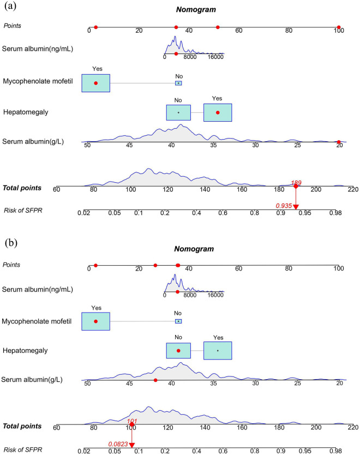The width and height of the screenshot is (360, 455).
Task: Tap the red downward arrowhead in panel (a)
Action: (296, 206)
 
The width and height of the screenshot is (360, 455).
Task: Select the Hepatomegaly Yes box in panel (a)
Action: (218, 112)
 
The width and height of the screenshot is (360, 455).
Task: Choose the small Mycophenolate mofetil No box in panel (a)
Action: (178, 83)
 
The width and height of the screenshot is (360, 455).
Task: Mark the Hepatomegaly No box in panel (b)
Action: (178, 350)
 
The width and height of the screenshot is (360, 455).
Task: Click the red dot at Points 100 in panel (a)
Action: (339, 27)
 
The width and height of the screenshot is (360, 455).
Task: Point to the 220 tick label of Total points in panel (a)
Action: (352, 189)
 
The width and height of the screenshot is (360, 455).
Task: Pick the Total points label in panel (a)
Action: (22, 188)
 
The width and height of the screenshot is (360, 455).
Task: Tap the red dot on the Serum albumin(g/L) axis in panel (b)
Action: (155, 380)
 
